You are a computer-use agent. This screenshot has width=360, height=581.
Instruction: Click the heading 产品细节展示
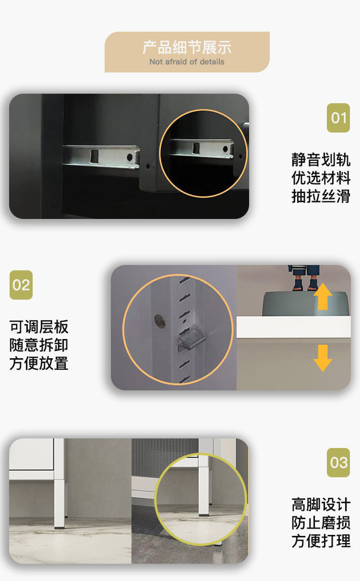point(187,48)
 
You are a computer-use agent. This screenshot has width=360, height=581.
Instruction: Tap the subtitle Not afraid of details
point(187,62)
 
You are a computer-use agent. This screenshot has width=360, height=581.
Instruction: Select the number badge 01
point(338,118)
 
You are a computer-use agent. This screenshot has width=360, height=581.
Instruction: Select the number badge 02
point(21,285)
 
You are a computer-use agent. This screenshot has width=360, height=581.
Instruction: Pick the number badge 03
point(338,463)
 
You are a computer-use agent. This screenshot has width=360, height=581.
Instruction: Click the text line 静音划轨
point(321,159)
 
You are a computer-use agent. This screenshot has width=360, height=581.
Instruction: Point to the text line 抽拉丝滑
point(321,196)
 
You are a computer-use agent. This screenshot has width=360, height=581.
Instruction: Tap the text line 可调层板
point(39,327)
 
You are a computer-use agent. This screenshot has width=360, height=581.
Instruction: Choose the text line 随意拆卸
point(39,345)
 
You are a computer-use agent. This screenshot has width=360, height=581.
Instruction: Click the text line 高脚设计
point(321,505)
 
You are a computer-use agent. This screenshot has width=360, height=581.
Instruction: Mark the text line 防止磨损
point(321,522)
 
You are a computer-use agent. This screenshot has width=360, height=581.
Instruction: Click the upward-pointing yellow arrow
point(323,296)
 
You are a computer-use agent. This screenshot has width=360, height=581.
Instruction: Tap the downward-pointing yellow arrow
point(323,358)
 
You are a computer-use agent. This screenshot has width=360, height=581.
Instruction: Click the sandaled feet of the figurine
point(305,285)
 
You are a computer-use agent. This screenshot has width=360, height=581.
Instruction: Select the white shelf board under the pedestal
point(294,327)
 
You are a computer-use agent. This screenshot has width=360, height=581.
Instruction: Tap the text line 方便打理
point(321,541)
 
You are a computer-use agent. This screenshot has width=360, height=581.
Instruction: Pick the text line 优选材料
point(321,178)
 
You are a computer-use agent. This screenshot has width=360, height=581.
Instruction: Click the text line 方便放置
point(39,363)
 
